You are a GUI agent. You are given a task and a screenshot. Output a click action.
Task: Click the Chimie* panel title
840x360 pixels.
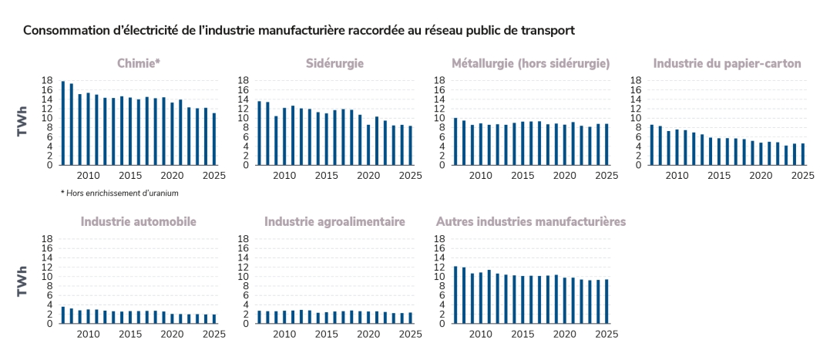139,63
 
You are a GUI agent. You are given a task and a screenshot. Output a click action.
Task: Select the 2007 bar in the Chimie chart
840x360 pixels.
63,123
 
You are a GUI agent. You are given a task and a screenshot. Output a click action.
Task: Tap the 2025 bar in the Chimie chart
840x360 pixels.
214,140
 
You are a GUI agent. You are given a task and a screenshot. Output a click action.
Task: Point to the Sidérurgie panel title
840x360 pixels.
334,63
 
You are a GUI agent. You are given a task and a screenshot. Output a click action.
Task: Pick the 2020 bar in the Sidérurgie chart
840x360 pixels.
368,145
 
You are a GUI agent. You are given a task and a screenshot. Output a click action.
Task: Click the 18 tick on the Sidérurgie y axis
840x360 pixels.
243,80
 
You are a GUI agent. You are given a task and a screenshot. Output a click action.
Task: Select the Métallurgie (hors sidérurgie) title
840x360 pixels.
531,63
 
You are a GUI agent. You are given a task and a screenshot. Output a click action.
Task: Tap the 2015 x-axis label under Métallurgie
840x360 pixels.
522,175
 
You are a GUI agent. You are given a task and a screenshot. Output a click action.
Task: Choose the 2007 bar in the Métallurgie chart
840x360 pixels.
455,142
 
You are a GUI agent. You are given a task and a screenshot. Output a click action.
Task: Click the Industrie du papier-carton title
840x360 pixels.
727,63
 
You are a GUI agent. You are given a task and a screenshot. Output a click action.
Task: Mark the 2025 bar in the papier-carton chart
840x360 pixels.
802,154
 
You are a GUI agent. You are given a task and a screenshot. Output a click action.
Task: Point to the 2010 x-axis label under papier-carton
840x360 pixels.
677,175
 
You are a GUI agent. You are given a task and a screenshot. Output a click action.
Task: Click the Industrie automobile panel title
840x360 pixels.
139,222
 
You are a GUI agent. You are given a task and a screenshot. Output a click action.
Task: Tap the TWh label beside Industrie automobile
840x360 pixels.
24,281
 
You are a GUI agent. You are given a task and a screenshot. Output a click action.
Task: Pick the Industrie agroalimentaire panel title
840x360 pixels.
334,222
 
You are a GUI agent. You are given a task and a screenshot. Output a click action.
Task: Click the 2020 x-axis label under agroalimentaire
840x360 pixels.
368,334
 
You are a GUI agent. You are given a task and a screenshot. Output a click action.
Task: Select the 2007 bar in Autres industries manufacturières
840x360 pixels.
455,295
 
